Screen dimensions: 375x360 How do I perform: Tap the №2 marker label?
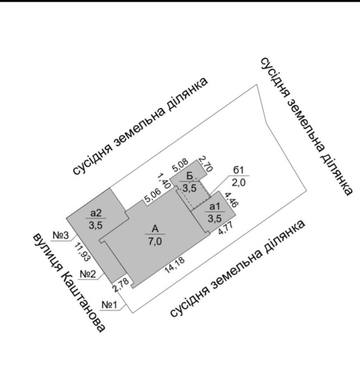click(89, 274)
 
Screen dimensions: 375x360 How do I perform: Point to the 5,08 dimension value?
click(180, 166)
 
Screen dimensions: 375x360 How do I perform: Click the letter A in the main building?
click(155, 228)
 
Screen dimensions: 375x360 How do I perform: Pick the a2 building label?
click(95, 213)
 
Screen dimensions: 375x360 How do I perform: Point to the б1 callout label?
click(238, 171)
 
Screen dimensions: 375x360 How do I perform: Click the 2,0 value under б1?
click(238, 182)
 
